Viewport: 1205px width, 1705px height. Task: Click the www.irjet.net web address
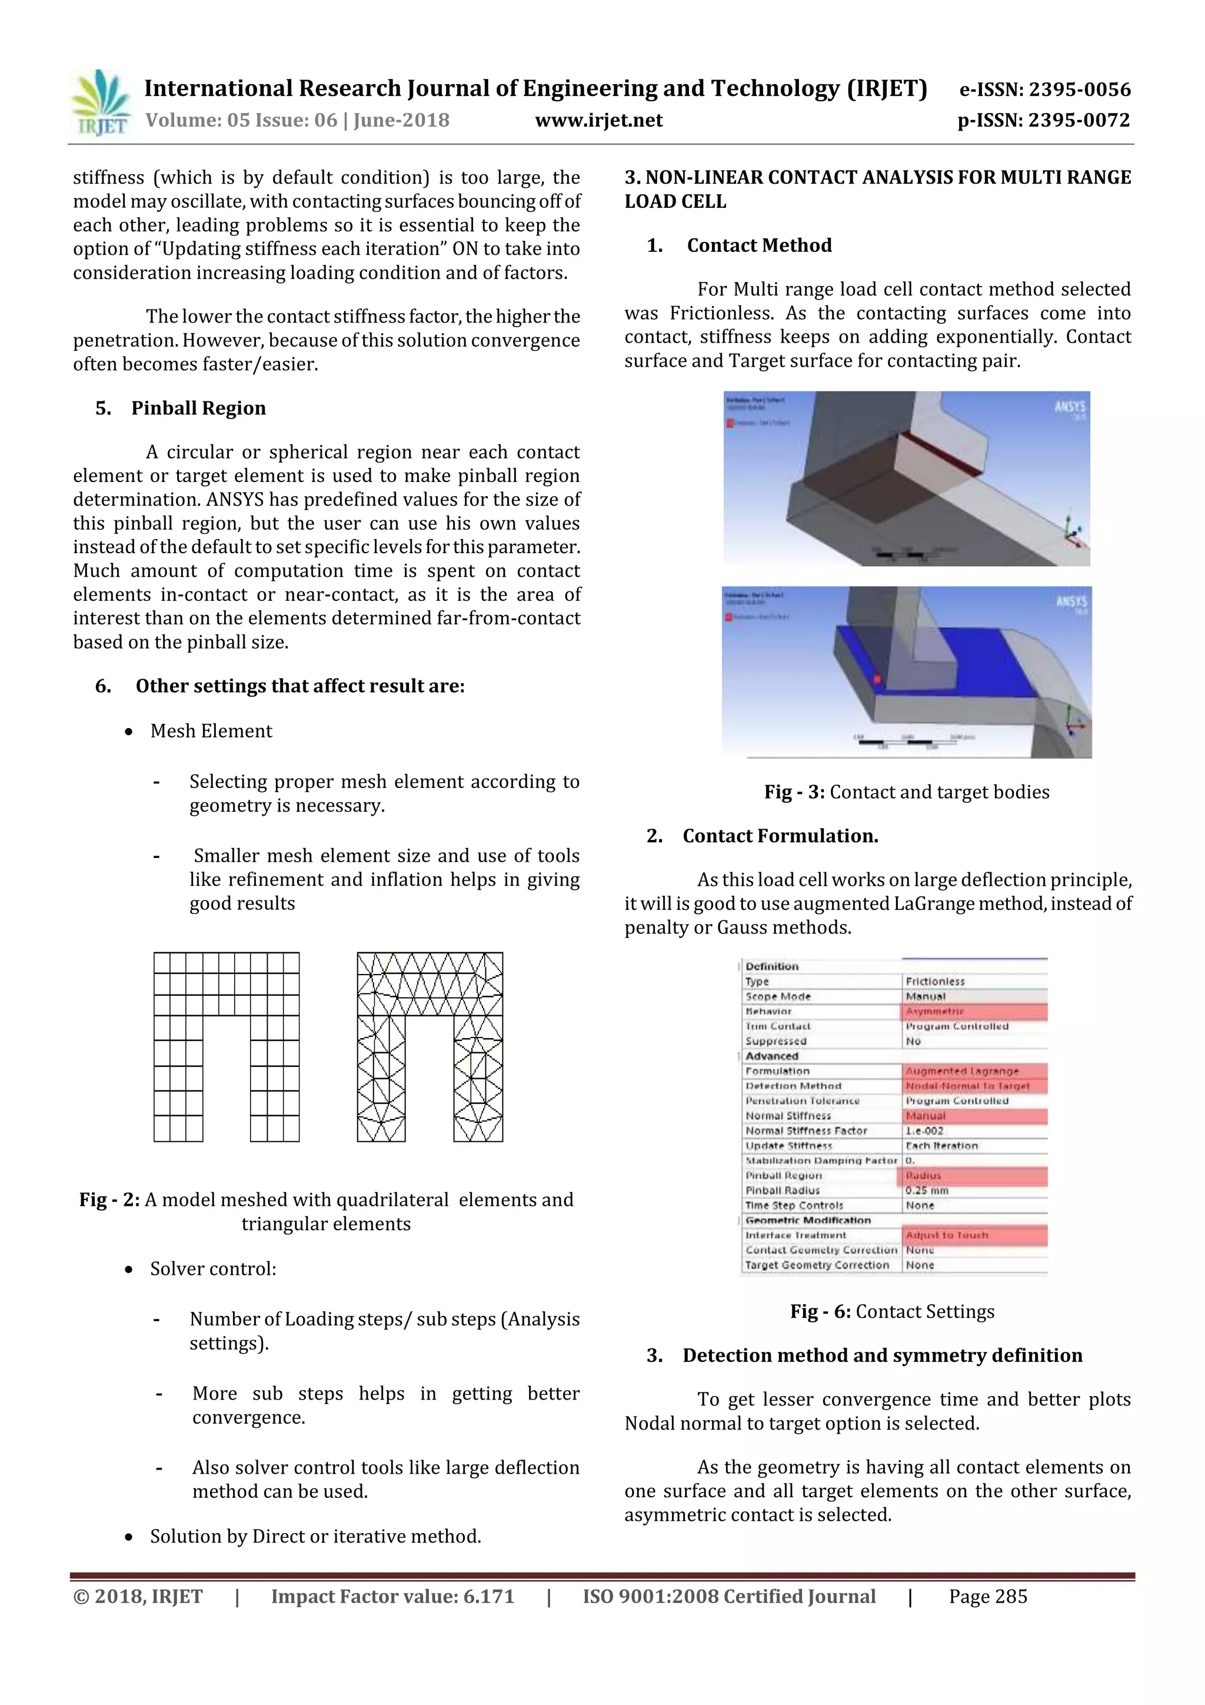point(598,120)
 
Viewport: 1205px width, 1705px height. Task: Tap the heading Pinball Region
point(198,408)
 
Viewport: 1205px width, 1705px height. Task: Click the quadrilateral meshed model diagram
point(227,1047)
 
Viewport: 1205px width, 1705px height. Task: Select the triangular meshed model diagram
point(430,1047)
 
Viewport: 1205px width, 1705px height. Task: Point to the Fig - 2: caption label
point(110,1200)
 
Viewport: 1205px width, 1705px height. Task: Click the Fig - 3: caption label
point(794,792)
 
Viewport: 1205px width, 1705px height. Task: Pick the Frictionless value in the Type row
point(935,982)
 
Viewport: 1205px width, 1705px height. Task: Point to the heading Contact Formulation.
point(780,836)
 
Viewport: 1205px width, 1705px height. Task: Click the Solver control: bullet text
point(213,1269)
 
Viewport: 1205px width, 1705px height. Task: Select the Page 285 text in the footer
point(987,1597)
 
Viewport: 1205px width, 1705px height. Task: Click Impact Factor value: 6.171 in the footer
point(392,1597)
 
